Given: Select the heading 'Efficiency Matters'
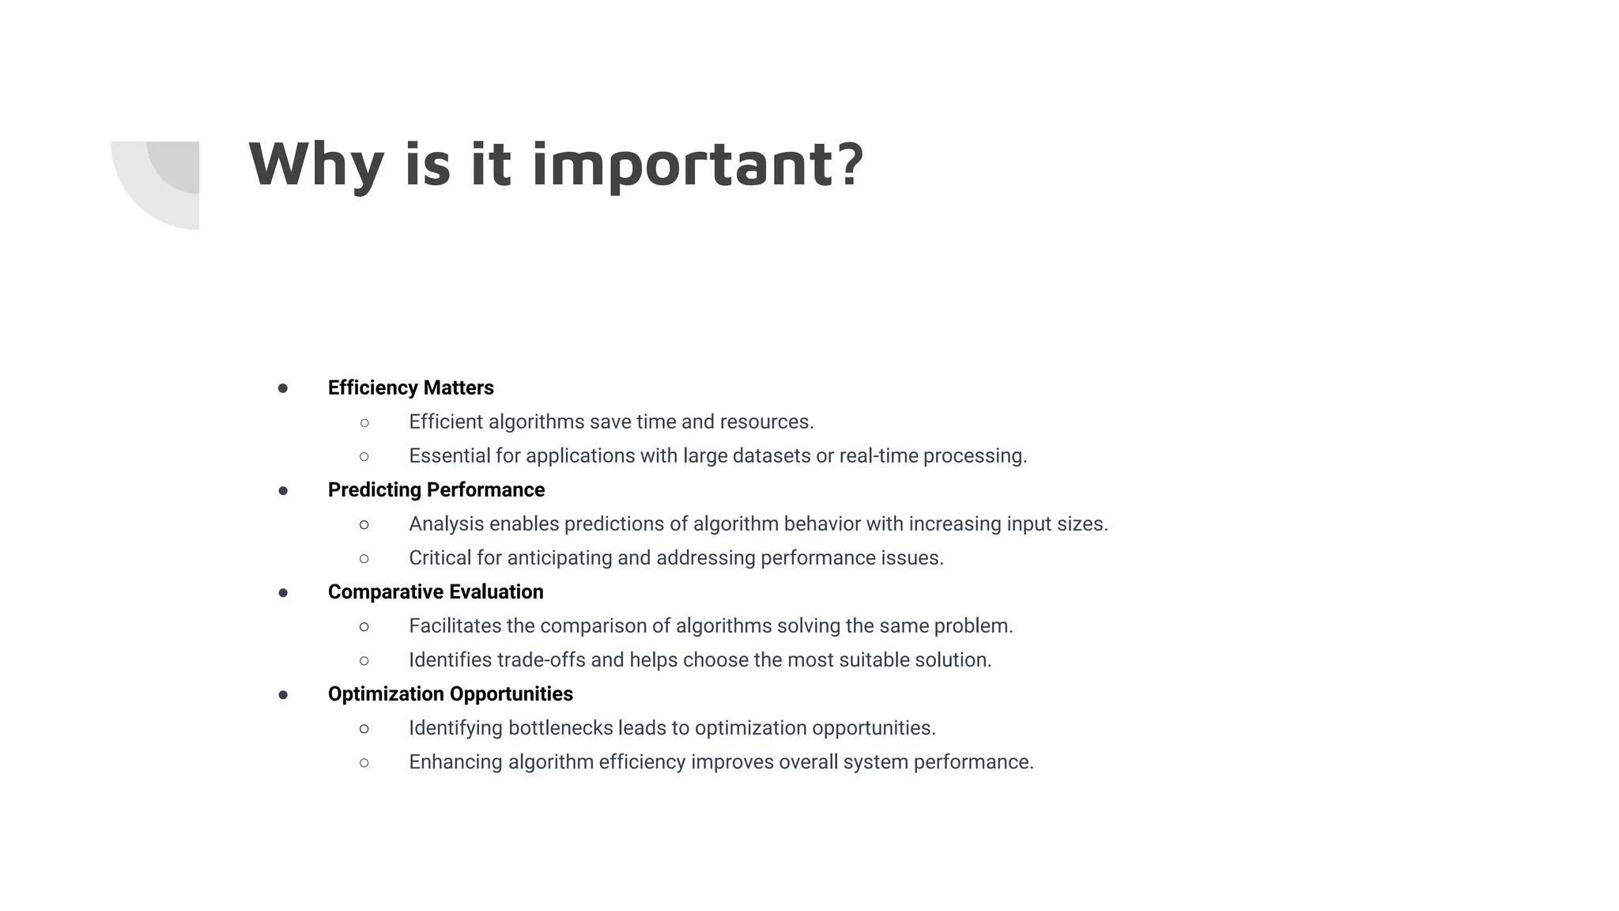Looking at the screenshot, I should point(410,387).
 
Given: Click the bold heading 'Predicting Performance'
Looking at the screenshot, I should point(436,490).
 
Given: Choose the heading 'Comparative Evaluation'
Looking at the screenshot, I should point(436,592).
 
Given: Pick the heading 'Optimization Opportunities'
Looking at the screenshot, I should point(450,694).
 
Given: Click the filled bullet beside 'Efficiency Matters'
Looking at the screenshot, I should point(283,388).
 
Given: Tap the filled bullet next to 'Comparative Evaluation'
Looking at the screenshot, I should point(283,592).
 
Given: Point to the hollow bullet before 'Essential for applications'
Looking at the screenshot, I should point(364,456).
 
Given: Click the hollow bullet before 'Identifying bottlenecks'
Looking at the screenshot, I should point(364,728).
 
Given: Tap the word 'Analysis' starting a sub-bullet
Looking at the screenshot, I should point(446,524).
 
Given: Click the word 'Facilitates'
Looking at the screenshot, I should point(455,626).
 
